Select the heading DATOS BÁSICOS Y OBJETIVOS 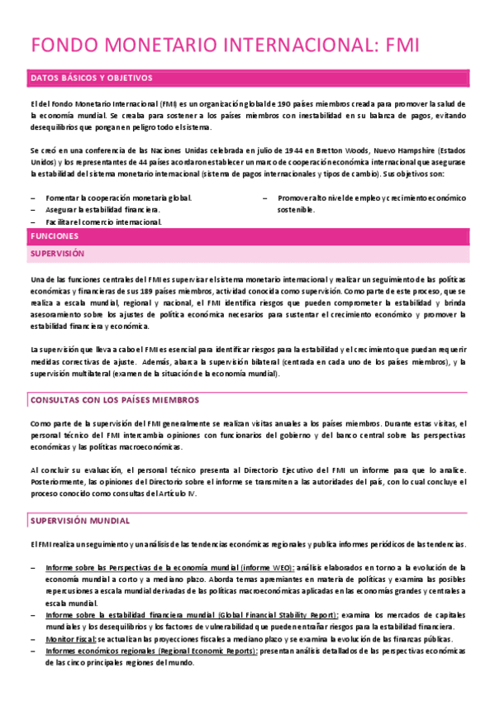point(91,79)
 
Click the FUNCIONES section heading point(54,236)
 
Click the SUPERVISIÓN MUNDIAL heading point(79,522)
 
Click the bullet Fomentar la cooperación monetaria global point(119,198)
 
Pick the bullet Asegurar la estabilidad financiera point(102,211)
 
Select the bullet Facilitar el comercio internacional point(104,222)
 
